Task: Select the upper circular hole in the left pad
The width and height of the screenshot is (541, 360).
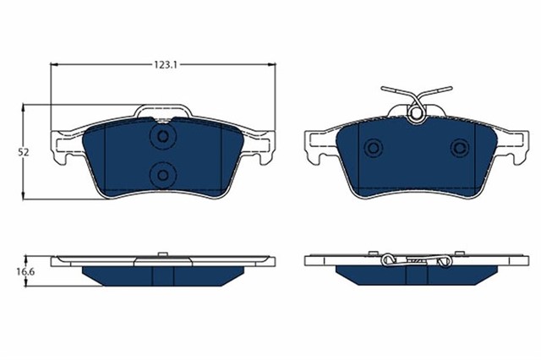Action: (161, 137)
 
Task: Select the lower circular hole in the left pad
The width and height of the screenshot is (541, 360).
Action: (161, 174)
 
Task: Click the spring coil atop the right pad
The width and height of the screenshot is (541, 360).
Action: (416, 110)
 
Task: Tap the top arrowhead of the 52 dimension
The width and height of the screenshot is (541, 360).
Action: (24, 107)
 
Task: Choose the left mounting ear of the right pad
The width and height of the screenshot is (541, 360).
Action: (314, 145)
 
